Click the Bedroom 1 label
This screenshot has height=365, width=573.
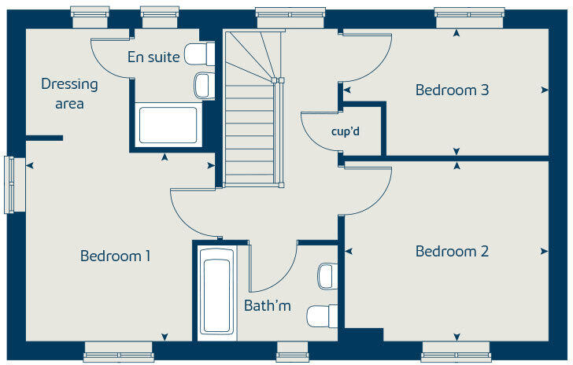(116, 256)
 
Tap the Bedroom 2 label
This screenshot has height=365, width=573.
(452, 252)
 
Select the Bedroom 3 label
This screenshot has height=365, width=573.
(452, 90)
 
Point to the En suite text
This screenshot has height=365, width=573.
(153, 57)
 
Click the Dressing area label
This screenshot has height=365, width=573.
(70, 94)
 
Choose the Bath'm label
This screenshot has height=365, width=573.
(268, 305)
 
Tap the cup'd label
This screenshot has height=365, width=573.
(345, 131)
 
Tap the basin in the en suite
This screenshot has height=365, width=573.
(203, 84)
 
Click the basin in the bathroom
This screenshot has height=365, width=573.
(327, 276)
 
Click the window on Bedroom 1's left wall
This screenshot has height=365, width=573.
(10, 185)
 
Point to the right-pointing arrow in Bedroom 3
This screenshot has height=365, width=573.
(545, 90)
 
